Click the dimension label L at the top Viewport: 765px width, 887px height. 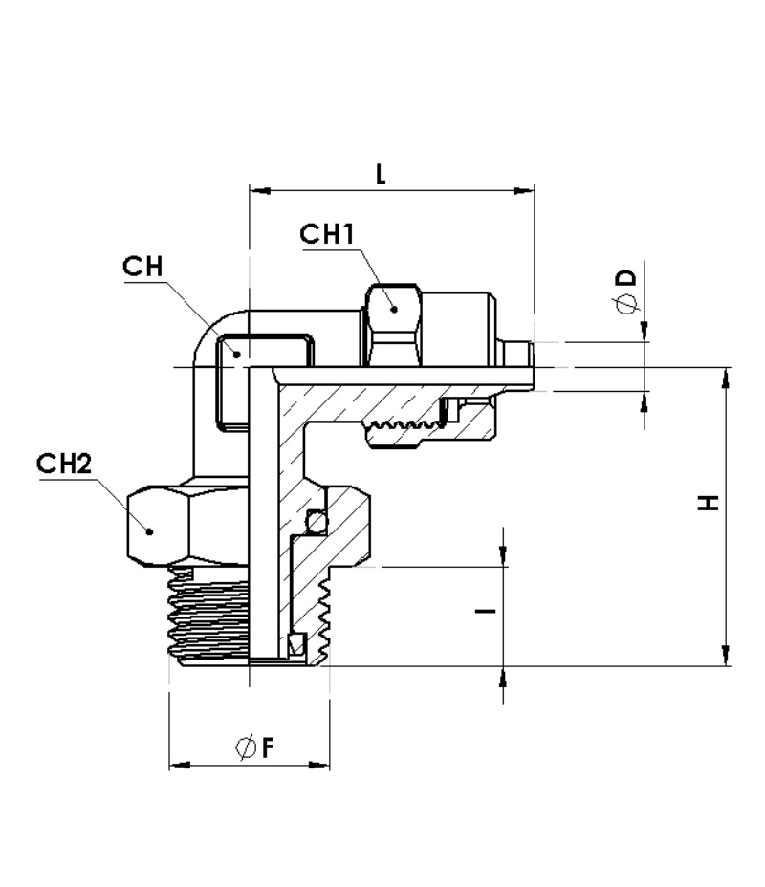[x=381, y=174]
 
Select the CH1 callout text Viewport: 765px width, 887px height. [x=327, y=233]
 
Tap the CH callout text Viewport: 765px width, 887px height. [x=142, y=266]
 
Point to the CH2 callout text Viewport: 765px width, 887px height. [x=64, y=464]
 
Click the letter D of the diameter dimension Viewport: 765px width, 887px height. [x=626, y=278]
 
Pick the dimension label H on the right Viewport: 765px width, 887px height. [x=708, y=503]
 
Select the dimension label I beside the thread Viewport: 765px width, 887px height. [x=486, y=611]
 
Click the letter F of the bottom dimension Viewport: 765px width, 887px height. [x=268, y=747]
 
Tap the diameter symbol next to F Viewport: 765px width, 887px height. [x=246, y=747]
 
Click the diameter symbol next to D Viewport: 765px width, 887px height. [x=626, y=304]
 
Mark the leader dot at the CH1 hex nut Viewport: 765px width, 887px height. [x=394, y=309]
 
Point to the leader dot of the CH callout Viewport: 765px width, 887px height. [x=238, y=355]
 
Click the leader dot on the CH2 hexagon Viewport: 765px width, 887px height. [x=150, y=531]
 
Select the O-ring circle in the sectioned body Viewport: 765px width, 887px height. [x=317, y=522]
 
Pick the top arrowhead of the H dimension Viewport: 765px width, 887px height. [x=726, y=378]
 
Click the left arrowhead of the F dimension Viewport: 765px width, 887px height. [x=180, y=766]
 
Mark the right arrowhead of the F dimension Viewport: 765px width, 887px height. [x=319, y=766]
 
